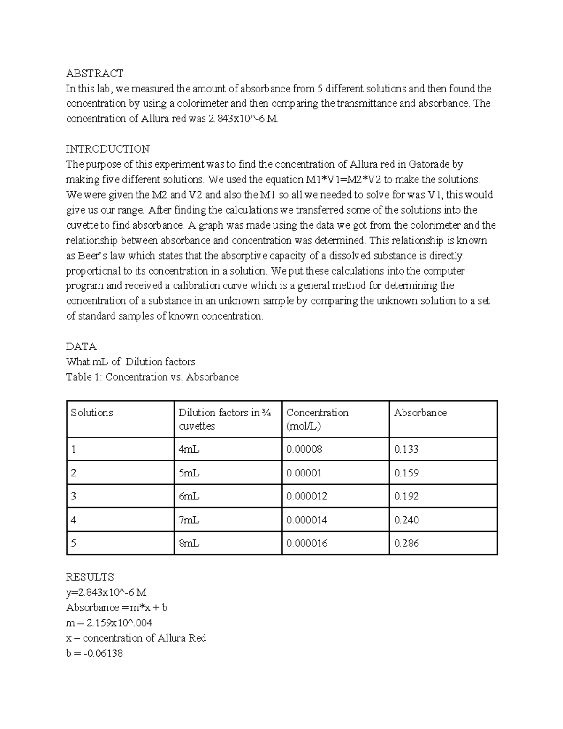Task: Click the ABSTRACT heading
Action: [94, 73]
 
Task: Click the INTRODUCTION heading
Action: [107, 149]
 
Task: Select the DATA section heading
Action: [81, 346]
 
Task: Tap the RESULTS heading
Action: [90, 577]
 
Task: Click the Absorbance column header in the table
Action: [420, 413]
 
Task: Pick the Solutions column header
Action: [92, 413]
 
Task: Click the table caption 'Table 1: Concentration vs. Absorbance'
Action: [152, 377]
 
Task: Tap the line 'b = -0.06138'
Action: [94, 653]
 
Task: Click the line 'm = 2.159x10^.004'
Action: [109, 623]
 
